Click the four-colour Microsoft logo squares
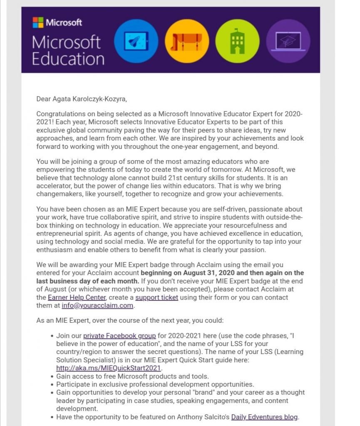[x=38, y=22]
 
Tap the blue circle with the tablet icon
[x=136, y=41]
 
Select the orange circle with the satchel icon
[x=186, y=41]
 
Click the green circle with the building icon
[x=237, y=41]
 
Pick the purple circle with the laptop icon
[x=288, y=41]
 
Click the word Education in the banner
[x=68, y=58]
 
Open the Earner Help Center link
[x=77, y=297]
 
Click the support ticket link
[x=156, y=297]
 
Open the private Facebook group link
[x=119, y=336]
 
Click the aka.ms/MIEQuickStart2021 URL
[x=109, y=368]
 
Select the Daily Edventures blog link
[x=265, y=417]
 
